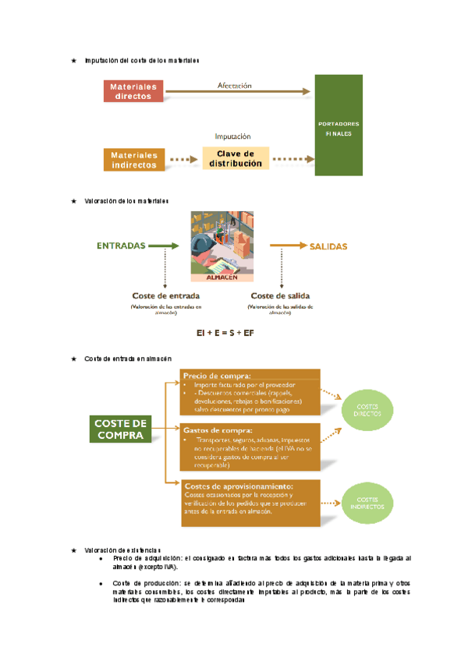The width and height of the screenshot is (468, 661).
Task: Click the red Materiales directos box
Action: pos(133,91)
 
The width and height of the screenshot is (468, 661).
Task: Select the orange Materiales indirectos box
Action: pos(133,160)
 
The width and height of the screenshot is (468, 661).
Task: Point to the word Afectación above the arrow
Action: pos(234,85)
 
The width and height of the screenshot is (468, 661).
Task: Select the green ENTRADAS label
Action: pos(121,246)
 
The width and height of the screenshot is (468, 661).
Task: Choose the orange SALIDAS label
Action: pos(328,246)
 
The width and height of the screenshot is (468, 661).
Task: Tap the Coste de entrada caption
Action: pos(165,296)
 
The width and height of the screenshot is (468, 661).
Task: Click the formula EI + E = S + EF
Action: pos(225,333)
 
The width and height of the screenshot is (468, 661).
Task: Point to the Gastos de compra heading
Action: pos(218,430)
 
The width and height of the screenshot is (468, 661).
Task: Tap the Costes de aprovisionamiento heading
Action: pos(238,486)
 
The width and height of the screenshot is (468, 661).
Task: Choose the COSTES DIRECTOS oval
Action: pos(368,410)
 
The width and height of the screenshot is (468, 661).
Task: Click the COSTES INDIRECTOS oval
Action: pos(368,503)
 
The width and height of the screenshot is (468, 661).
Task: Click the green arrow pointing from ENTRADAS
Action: pos(164,246)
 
